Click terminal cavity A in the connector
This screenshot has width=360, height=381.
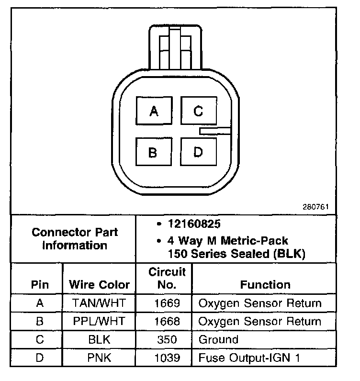154,111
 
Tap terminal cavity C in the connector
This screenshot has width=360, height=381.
198,111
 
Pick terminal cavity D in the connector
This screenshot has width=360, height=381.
198,153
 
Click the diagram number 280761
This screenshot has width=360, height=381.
315,207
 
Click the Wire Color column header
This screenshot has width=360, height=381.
99,285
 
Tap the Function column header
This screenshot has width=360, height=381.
265,285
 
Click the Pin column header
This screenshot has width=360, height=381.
40,285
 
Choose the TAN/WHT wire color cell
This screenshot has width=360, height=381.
99,303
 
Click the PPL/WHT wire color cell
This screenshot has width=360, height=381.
99,321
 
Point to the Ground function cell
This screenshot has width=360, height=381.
218,340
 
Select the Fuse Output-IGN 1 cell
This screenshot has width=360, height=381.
249,358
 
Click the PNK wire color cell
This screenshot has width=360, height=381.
99,358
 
